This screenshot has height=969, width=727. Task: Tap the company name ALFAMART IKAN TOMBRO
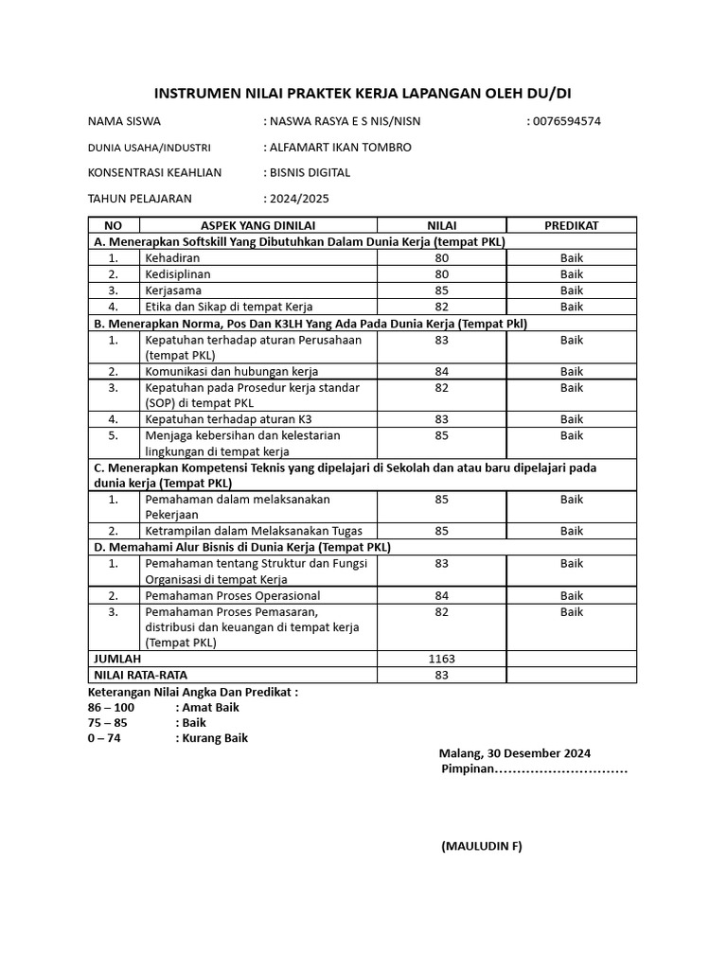[341, 147]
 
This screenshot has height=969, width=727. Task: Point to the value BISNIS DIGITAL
[310, 172]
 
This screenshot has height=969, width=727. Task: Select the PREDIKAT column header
[571, 225]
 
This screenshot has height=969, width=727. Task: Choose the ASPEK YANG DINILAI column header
[257, 225]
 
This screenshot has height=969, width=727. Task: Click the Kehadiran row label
[171, 257]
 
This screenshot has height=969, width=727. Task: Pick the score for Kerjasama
[442, 291]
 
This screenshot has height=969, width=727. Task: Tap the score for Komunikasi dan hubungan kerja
[442, 371]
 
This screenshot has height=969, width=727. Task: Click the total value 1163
[442, 659]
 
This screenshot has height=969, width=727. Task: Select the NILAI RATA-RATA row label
[140, 675]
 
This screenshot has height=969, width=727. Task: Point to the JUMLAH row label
[116, 659]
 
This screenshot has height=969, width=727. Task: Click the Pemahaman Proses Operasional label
[232, 596]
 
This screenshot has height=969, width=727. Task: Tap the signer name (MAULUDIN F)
[481, 846]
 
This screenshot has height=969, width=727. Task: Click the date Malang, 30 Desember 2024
[515, 753]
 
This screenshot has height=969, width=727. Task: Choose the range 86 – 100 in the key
[111, 707]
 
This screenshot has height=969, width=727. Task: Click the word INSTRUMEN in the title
[196, 93]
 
